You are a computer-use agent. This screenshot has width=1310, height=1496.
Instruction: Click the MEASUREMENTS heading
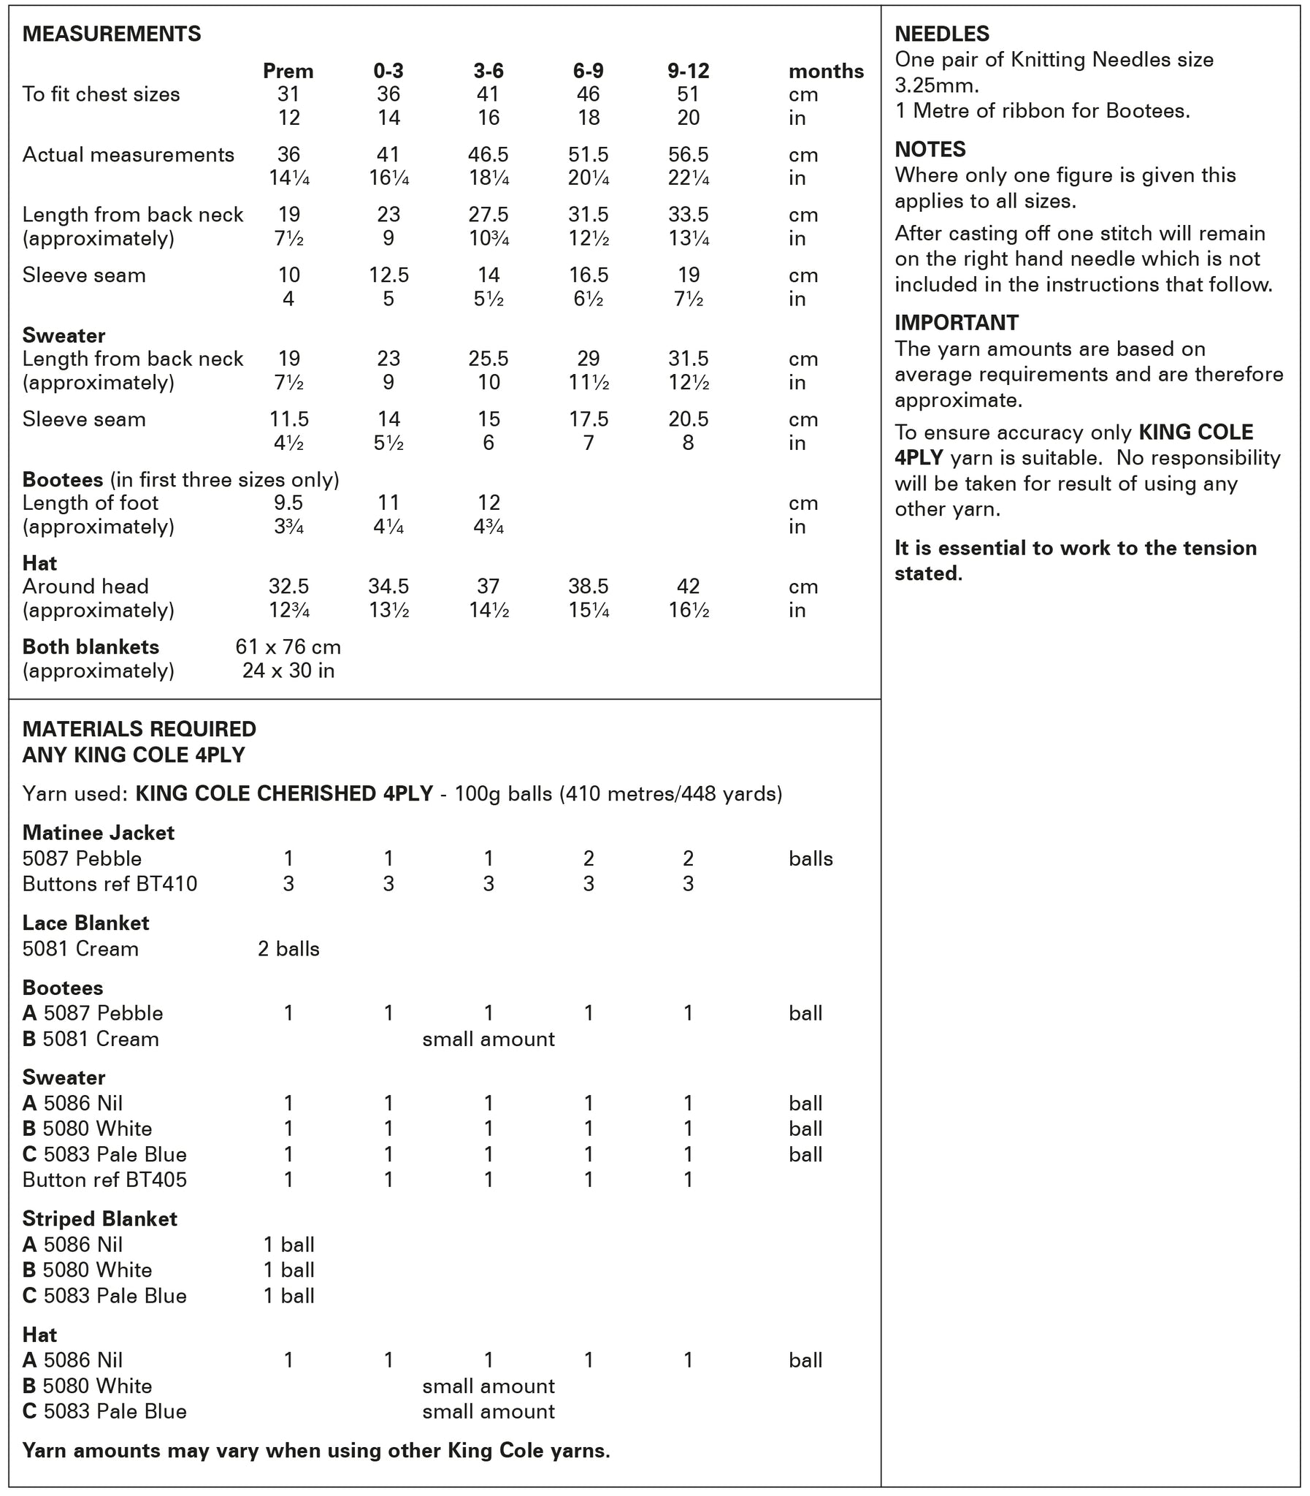coord(111,34)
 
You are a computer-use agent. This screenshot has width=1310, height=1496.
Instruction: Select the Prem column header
coord(288,71)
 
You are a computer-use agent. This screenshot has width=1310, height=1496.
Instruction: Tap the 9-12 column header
coord(688,71)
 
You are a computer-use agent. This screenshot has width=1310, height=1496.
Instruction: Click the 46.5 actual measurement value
coord(489,154)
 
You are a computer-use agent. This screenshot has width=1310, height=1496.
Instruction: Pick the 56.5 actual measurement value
coord(688,154)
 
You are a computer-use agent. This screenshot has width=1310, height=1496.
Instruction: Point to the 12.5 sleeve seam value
coord(388,275)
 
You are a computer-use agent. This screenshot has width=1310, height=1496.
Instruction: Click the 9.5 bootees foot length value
coord(288,503)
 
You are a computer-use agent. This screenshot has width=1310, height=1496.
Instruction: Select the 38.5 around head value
coord(589,586)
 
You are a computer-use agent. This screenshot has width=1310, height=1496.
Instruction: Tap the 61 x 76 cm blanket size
coord(288,646)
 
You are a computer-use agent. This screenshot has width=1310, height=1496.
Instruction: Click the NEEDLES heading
coord(941,34)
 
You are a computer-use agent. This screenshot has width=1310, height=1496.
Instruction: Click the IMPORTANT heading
coord(956,322)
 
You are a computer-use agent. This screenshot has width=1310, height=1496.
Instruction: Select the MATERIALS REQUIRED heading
coord(139,728)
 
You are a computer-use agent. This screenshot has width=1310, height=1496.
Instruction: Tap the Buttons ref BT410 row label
coord(110,884)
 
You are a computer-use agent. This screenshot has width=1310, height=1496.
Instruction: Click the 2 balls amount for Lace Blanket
coord(288,949)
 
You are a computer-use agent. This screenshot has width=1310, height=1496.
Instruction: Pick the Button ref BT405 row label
coord(104,1180)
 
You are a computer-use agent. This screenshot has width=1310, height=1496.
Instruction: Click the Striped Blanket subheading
coord(99,1219)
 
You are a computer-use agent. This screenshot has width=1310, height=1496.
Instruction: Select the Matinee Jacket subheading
coord(98,832)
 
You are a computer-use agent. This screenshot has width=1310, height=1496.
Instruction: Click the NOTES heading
coord(930,149)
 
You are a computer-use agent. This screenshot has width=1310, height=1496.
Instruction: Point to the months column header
coord(825,71)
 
